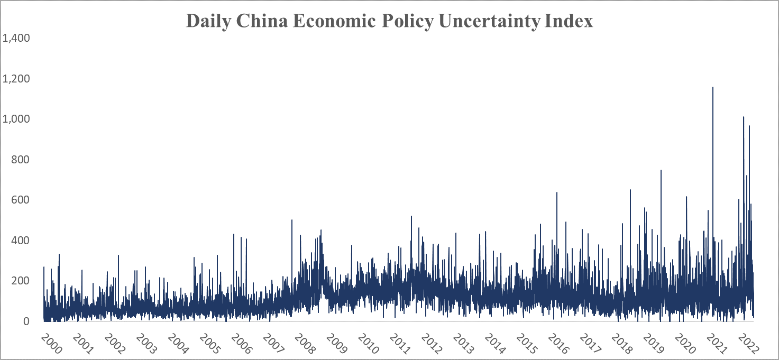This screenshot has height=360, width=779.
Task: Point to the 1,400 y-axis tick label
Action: point(16,38)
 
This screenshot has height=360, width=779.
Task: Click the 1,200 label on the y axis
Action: point(16,79)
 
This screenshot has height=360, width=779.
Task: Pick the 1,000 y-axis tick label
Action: point(16,119)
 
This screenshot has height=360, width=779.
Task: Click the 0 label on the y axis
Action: point(25,321)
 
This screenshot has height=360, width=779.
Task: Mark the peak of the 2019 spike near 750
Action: point(661,170)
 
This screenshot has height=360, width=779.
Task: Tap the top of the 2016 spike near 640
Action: point(556,192)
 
